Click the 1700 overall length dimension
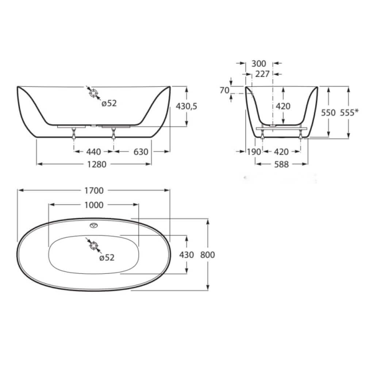[94, 191]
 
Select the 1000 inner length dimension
[94, 205]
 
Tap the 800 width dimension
[207, 255]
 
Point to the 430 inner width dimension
[187, 255]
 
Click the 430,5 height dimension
[187, 106]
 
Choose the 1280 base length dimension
[97, 165]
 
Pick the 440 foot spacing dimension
[93, 152]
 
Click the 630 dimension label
[141, 152]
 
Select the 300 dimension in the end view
[259, 64]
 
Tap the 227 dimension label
[262, 74]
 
